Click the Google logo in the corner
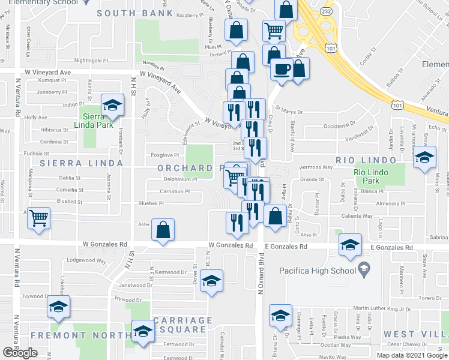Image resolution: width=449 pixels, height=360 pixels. pyautogui.click(x=20, y=353)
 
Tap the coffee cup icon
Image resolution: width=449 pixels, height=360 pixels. pyautogui.click(x=280, y=70)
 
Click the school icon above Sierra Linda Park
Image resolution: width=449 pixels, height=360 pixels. pyautogui.click(x=111, y=106)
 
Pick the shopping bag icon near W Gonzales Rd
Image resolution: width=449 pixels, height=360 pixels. pyautogui.click(x=163, y=230)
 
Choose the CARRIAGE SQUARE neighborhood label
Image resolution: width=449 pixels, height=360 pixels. pyautogui.click(x=183, y=325)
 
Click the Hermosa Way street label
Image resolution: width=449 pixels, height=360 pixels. pyautogui.click(x=315, y=167)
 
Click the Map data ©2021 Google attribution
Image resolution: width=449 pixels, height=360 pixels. pyautogui.click(x=412, y=355)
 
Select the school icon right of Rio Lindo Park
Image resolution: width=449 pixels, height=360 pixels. pyautogui.click(x=424, y=158)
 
